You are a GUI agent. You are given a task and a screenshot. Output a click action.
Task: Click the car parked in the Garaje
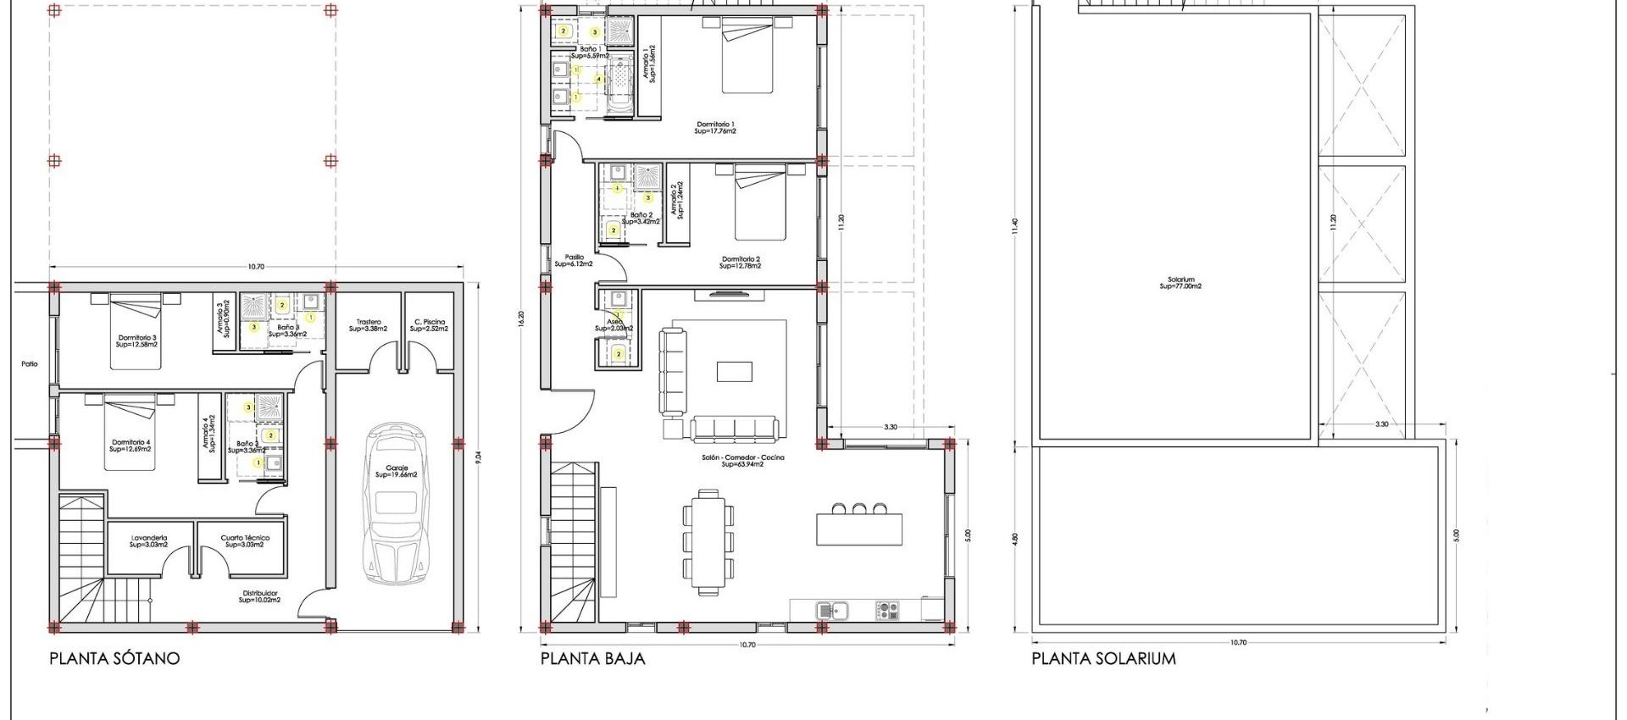point(396,506)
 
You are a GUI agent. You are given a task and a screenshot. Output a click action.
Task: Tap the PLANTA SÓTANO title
point(114,658)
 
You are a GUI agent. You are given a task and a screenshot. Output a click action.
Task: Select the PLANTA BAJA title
point(592,658)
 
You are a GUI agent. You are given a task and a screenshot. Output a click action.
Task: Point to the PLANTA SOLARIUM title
point(1103,658)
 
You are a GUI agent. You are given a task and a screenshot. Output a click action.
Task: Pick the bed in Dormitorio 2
point(760,203)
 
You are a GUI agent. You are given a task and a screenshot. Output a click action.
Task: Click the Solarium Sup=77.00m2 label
point(1180,283)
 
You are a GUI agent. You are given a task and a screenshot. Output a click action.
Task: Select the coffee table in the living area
point(734,372)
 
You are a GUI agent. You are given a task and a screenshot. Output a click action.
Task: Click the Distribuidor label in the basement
point(259,596)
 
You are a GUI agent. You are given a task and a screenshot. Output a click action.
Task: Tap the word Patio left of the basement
point(30,364)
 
